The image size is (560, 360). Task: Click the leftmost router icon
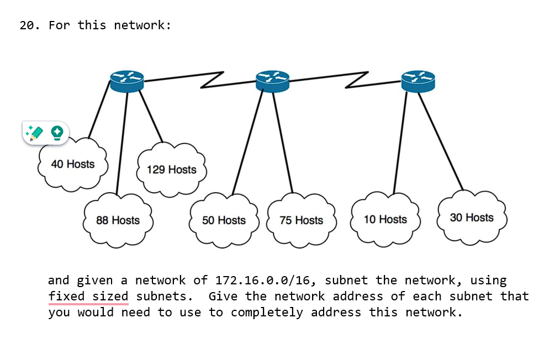(x=126, y=81)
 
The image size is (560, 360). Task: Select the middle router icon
(x=272, y=81)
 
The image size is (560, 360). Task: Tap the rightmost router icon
(x=418, y=81)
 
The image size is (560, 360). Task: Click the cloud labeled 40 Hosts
(x=72, y=165)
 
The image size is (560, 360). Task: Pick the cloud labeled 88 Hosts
(x=118, y=220)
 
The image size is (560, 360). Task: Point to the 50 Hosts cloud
(x=224, y=220)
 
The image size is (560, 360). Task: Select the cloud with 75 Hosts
(x=301, y=220)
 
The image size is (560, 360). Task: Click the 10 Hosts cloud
(x=385, y=220)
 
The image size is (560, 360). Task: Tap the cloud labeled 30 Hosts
(x=471, y=218)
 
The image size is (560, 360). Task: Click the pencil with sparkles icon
(x=35, y=133)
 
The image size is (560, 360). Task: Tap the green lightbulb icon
(x=57, y=133)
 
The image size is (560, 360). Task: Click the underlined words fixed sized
(x=88, y=297)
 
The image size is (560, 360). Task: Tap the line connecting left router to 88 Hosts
(x=122, y=144)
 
